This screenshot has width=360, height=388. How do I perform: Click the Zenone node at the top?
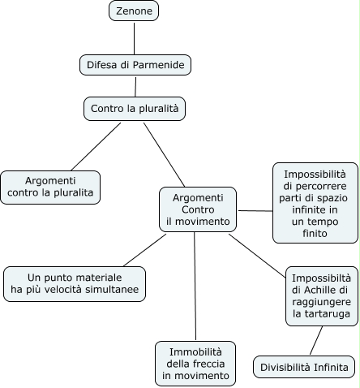134,11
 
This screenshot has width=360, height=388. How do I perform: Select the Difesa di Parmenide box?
135,65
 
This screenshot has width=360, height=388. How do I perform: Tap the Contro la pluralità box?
135,107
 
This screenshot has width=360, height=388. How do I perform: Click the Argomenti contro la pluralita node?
50,186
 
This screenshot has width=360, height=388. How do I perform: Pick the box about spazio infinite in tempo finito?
315,203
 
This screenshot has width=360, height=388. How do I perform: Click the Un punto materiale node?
75,283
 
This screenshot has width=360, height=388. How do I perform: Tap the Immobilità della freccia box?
195,363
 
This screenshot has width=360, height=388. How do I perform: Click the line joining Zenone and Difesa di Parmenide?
134,37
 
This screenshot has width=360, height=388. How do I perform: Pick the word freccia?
207,364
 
